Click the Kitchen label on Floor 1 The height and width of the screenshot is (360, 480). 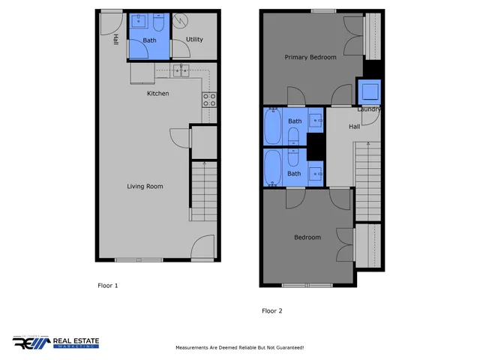(x=157, y=94)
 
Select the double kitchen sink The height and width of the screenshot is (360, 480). (x=181, y=71)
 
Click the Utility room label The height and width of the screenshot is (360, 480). (x=194, y=40)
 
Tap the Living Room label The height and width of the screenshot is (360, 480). (x=145, y=187)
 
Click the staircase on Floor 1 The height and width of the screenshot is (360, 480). (x=202, y=191)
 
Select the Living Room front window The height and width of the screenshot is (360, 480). (x=139, y=259)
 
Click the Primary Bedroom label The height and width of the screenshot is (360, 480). (x=310, y=57)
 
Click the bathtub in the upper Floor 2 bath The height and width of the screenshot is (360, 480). (x=271, y=127)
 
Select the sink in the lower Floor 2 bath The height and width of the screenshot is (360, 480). (x=316, y=174)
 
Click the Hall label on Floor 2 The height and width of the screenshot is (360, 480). (x=355, y=127)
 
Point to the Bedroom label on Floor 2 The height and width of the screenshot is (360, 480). (x=307, y=238)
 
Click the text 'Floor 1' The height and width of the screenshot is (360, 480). (x=108, y=286)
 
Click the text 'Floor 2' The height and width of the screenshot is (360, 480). (x=271, y=310)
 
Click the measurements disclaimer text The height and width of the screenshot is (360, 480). (x=239, y=348)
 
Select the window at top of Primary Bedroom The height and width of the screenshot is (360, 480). (x=324, y=10)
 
